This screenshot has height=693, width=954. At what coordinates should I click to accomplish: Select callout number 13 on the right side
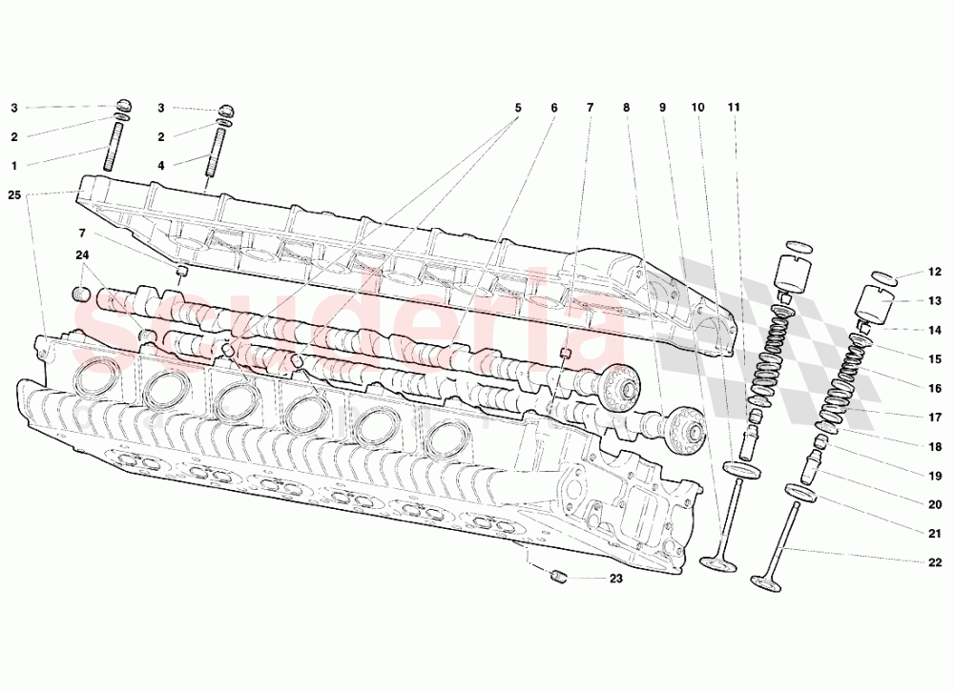[935, 300]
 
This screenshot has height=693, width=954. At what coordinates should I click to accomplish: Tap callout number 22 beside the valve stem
[935, 562]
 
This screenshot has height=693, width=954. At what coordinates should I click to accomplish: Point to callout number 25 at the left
[13, 195]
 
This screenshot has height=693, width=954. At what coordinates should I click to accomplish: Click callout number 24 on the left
[82, 255]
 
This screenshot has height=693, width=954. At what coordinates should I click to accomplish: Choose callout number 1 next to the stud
[14, 166]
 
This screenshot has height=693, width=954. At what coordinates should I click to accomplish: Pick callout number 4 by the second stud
[161, 166]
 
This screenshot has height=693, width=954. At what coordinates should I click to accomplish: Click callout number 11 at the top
[733, 108]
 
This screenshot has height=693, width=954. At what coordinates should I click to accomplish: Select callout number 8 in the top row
[626, 108]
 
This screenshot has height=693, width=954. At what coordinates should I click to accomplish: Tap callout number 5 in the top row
[518, 108]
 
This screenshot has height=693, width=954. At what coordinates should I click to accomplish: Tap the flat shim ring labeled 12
[884, 277]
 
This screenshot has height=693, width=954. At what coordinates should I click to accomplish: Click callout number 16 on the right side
[935, 388]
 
